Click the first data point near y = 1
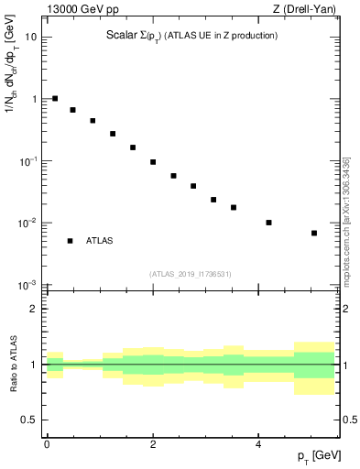[x=55, y=98]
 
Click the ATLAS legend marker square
[x=70, y=241]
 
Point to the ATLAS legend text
[x=99, y=241]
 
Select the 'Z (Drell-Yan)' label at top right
[x=311, y=11]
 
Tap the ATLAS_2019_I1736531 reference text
[x=191, y=274]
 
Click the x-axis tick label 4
[x=259, y=443]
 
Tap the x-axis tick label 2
[x=153, y=443]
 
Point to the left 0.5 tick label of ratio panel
[x=30, y=420]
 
